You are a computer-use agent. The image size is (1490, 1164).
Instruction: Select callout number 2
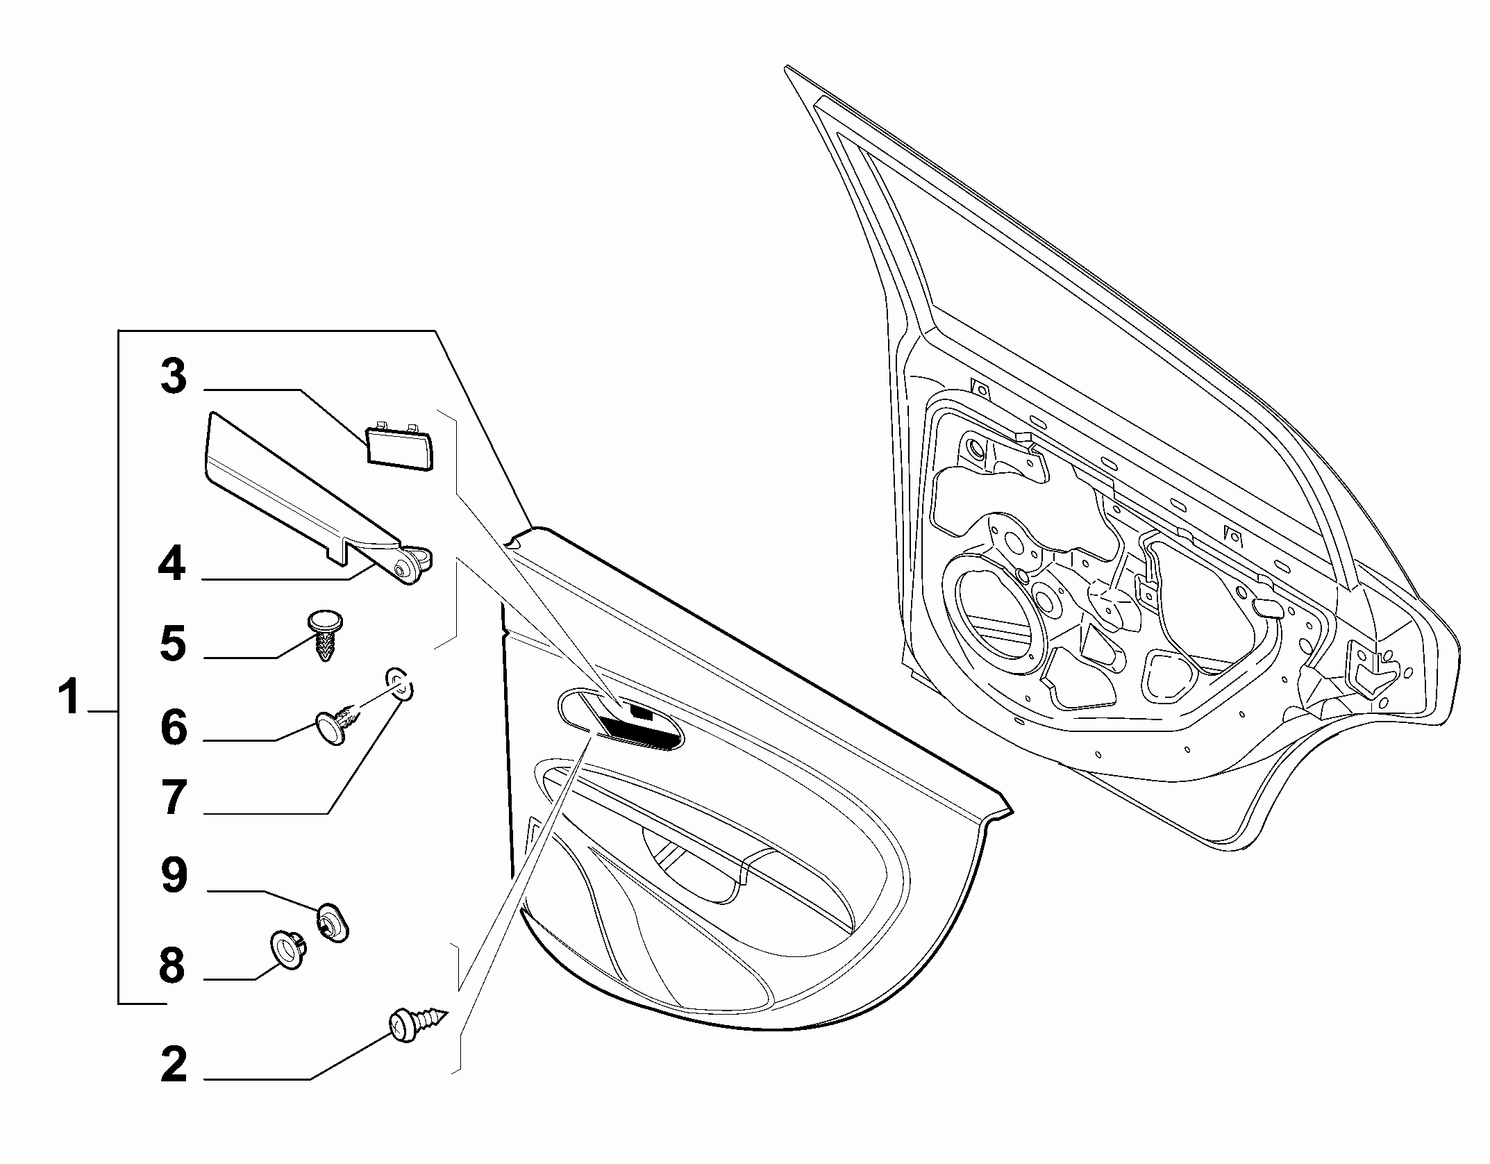[x=174, y=1065]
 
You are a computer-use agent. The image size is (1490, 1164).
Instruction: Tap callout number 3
[x=174, y=376]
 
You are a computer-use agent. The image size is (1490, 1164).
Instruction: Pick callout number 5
[x=174, y=642]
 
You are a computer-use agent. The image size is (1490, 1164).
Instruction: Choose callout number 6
[x=174, y=726]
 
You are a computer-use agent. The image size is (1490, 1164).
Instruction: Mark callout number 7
[x=174, y=797]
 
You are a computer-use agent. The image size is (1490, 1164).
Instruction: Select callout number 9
[x=174, y=875]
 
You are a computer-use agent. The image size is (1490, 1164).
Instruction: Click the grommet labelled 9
[x=333, y=922]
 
